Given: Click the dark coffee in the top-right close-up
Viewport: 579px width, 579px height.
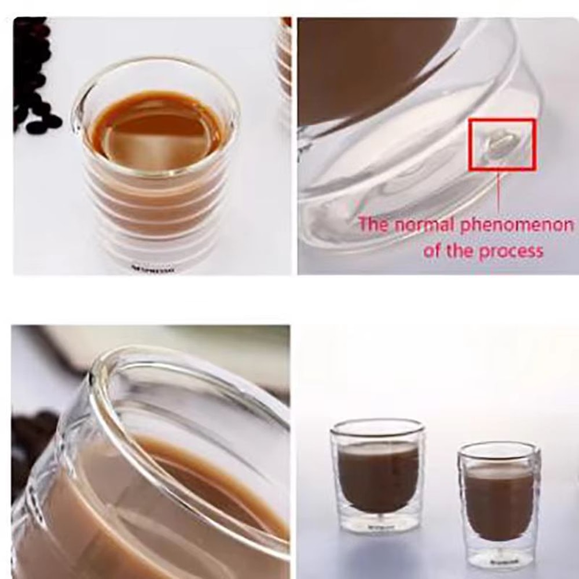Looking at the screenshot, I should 371,64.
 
